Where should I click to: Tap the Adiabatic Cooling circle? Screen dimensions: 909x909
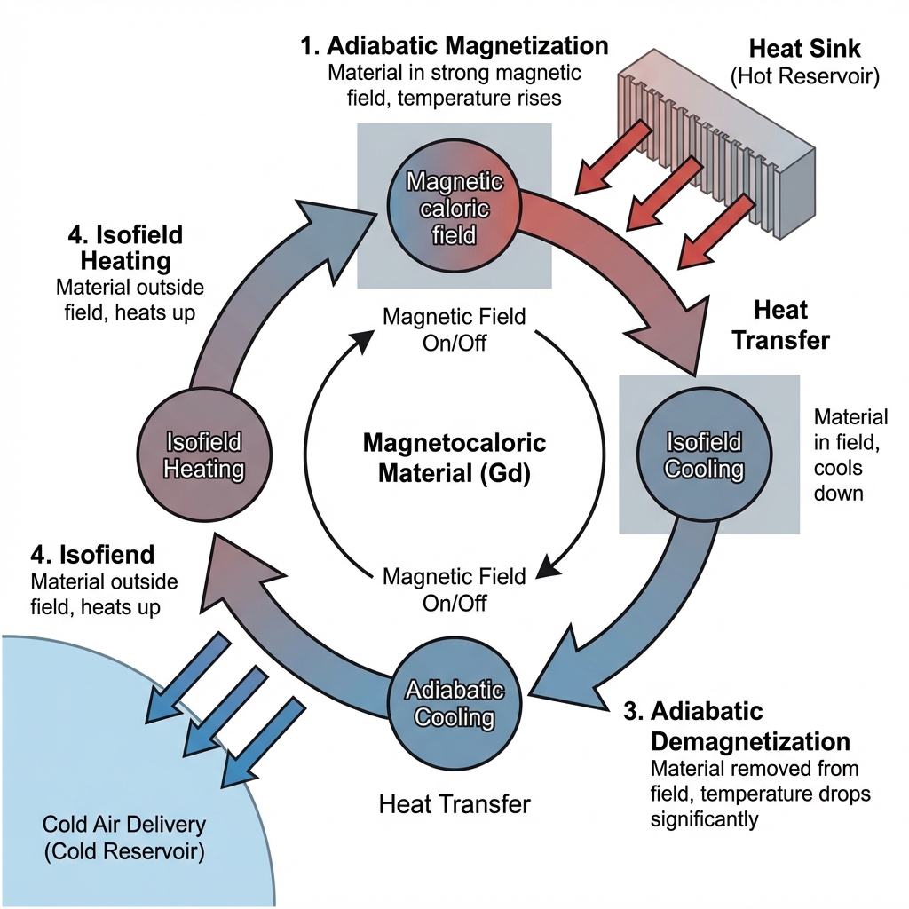[x=454, y=703]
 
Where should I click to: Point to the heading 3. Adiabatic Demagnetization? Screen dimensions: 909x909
[x=750, y=726]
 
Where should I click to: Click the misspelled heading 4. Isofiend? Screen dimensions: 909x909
[x=92, y=555]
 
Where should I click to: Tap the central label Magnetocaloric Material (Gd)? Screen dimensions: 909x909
[x=454, y=458]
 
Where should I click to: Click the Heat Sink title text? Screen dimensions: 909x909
[x=804, y=48]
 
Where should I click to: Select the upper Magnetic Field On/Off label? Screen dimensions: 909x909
[x=454, y=329]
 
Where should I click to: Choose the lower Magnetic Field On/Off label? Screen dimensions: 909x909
[x=454, y=589]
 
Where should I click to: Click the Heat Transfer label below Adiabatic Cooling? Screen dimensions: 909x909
[x=454, y=804]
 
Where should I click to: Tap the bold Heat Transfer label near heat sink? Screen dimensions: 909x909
[x=780, y=325]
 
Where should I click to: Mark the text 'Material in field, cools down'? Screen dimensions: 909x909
[x=850, y=454]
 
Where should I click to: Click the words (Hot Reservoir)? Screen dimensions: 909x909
[x=804, y=76]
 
